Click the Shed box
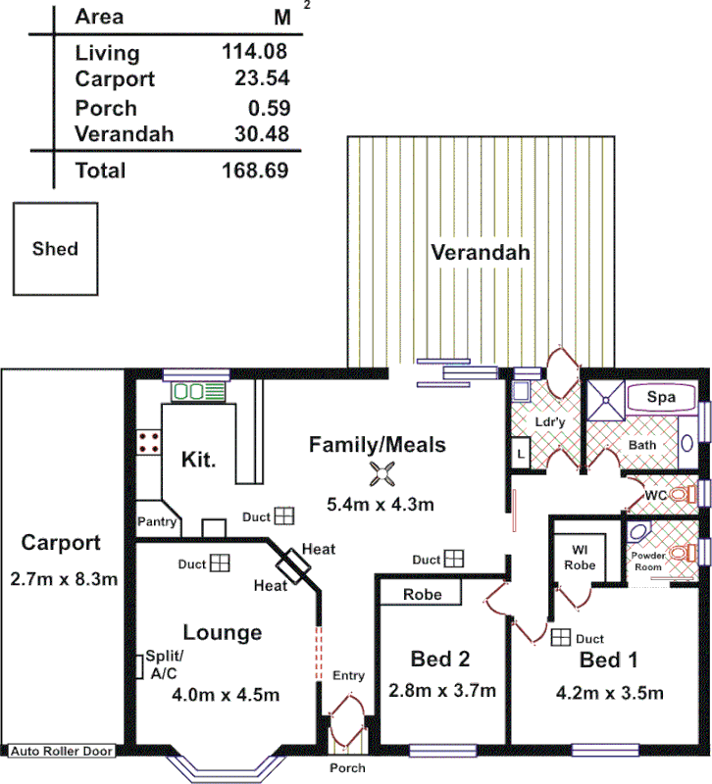[55, 248]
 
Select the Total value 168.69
[255, 171]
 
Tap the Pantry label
[157, 522]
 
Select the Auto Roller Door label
[61, 752]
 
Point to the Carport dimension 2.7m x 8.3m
[61, 578]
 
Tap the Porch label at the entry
[347, 767]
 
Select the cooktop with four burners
[150, 442]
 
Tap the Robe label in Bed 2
[423, 594]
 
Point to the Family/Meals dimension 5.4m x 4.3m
[380, 505]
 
